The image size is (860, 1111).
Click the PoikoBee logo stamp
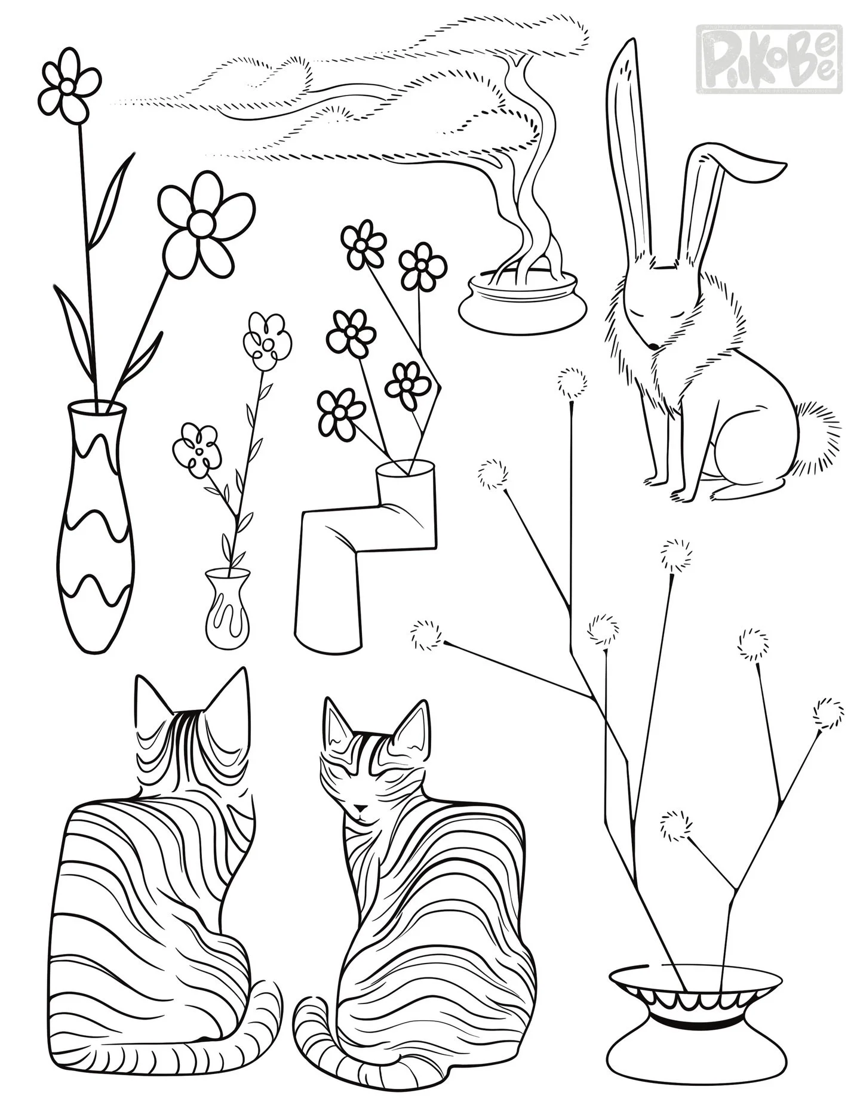click(x=770, y=59)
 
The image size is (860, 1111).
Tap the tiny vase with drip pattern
click(x=226, y=609)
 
